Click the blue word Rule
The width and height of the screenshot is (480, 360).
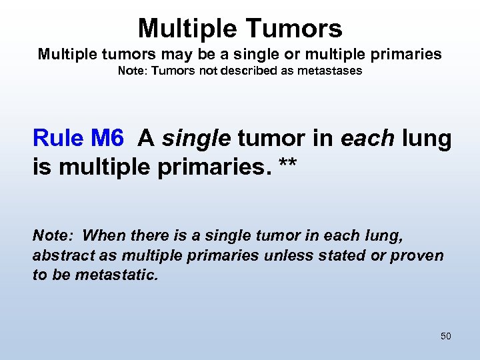point(58,138)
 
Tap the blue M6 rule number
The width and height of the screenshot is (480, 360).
point(107,138)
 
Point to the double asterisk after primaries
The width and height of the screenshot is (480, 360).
point(287,165)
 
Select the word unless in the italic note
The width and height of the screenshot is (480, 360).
point(282,255)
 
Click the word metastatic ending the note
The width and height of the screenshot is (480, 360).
point(117,275)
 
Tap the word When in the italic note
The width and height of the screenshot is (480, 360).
point(99,236)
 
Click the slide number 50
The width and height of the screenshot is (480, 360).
point(446,336)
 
